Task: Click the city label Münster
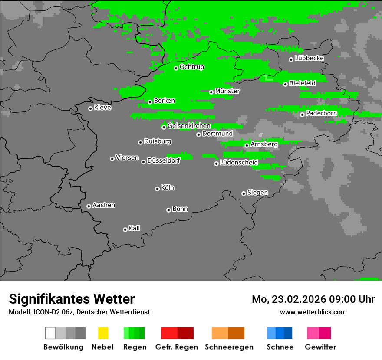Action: pos(227,91)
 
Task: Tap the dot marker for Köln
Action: pos(157,189)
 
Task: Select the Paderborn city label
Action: pos(322,113)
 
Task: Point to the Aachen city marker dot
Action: pos(89,206)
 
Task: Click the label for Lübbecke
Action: pos(310,58)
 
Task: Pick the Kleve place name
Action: pos(103,108)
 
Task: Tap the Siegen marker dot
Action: pos(244,193)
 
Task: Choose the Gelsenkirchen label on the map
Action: pos(189,126)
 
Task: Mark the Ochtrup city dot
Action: pos(176,68)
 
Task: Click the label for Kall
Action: pos(135,228)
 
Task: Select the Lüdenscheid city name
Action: pos(239,163)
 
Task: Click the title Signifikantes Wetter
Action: pos(72,299)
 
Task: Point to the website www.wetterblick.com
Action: pos(313,312)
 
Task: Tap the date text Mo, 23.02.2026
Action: pos(289,299)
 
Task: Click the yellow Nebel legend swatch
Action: pos(103,333)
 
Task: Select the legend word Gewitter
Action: pos(320,347)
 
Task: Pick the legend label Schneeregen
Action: pos(229,347)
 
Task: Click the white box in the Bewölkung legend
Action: pos(50,333)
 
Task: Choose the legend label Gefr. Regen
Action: pos(177,347)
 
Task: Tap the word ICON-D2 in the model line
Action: pos(46,312)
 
